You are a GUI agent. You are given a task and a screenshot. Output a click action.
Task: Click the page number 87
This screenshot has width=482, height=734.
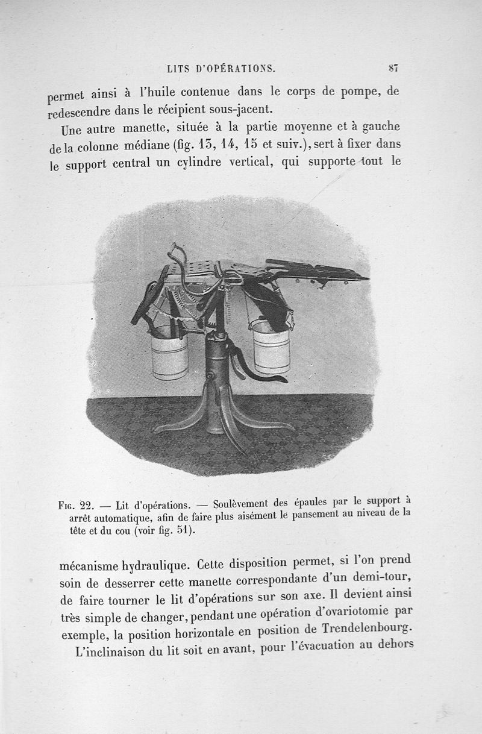tap(392, 68)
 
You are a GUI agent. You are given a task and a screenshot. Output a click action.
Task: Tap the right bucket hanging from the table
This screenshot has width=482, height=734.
tap(271, 348)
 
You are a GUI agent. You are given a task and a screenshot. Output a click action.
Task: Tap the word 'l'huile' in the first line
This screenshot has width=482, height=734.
tap(158, 93)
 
